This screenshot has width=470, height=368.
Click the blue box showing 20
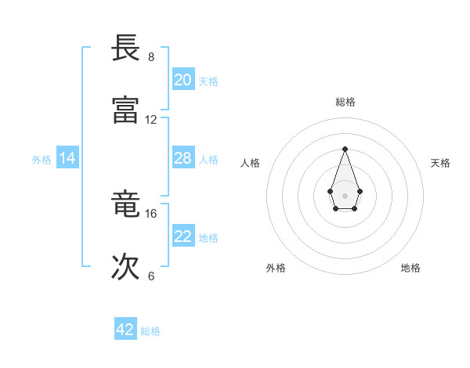click(183, 80)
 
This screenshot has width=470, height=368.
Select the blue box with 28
click(183, 158)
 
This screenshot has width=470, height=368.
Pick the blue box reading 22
click(183, 236)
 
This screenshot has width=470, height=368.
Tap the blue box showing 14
click(67, 158)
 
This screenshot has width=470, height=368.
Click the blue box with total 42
click(125, 330)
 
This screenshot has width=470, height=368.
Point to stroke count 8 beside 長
click(151, 57)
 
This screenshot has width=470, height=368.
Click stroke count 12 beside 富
click(151, 120)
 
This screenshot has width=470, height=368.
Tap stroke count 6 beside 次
click(151, 276)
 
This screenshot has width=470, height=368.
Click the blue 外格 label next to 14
click(42, 160)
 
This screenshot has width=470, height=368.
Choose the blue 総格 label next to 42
click(150, 331)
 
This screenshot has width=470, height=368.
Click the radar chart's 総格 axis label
click(345, 102)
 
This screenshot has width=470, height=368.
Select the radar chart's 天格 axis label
click(440, 163)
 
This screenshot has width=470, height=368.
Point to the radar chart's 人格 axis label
click(251, 163)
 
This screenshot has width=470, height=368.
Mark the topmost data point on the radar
click(345, 149)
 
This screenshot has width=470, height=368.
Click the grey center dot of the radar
click(345, 195)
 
